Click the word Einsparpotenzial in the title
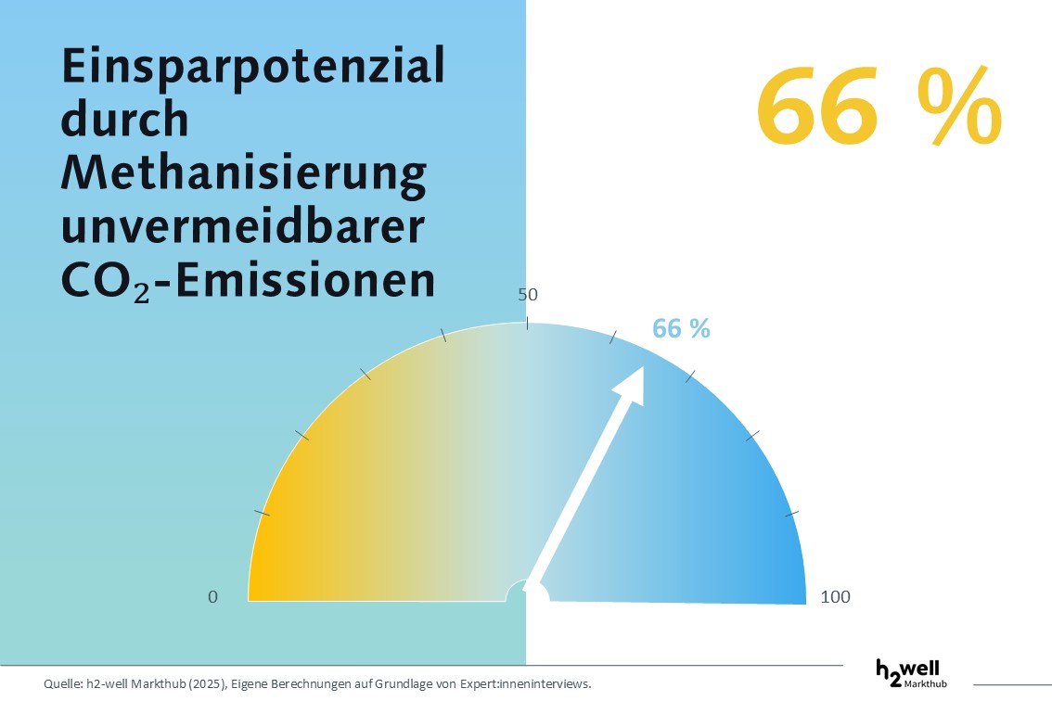tap(252, 70)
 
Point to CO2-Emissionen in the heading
tap(248, 281)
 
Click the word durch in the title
tap(124, 121)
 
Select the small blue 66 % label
tap(681, 328)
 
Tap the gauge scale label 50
tap(528, 295)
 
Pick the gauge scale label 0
tap(213, 597)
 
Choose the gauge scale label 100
tap(835, 597)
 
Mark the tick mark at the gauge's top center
tap(528, 323)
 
